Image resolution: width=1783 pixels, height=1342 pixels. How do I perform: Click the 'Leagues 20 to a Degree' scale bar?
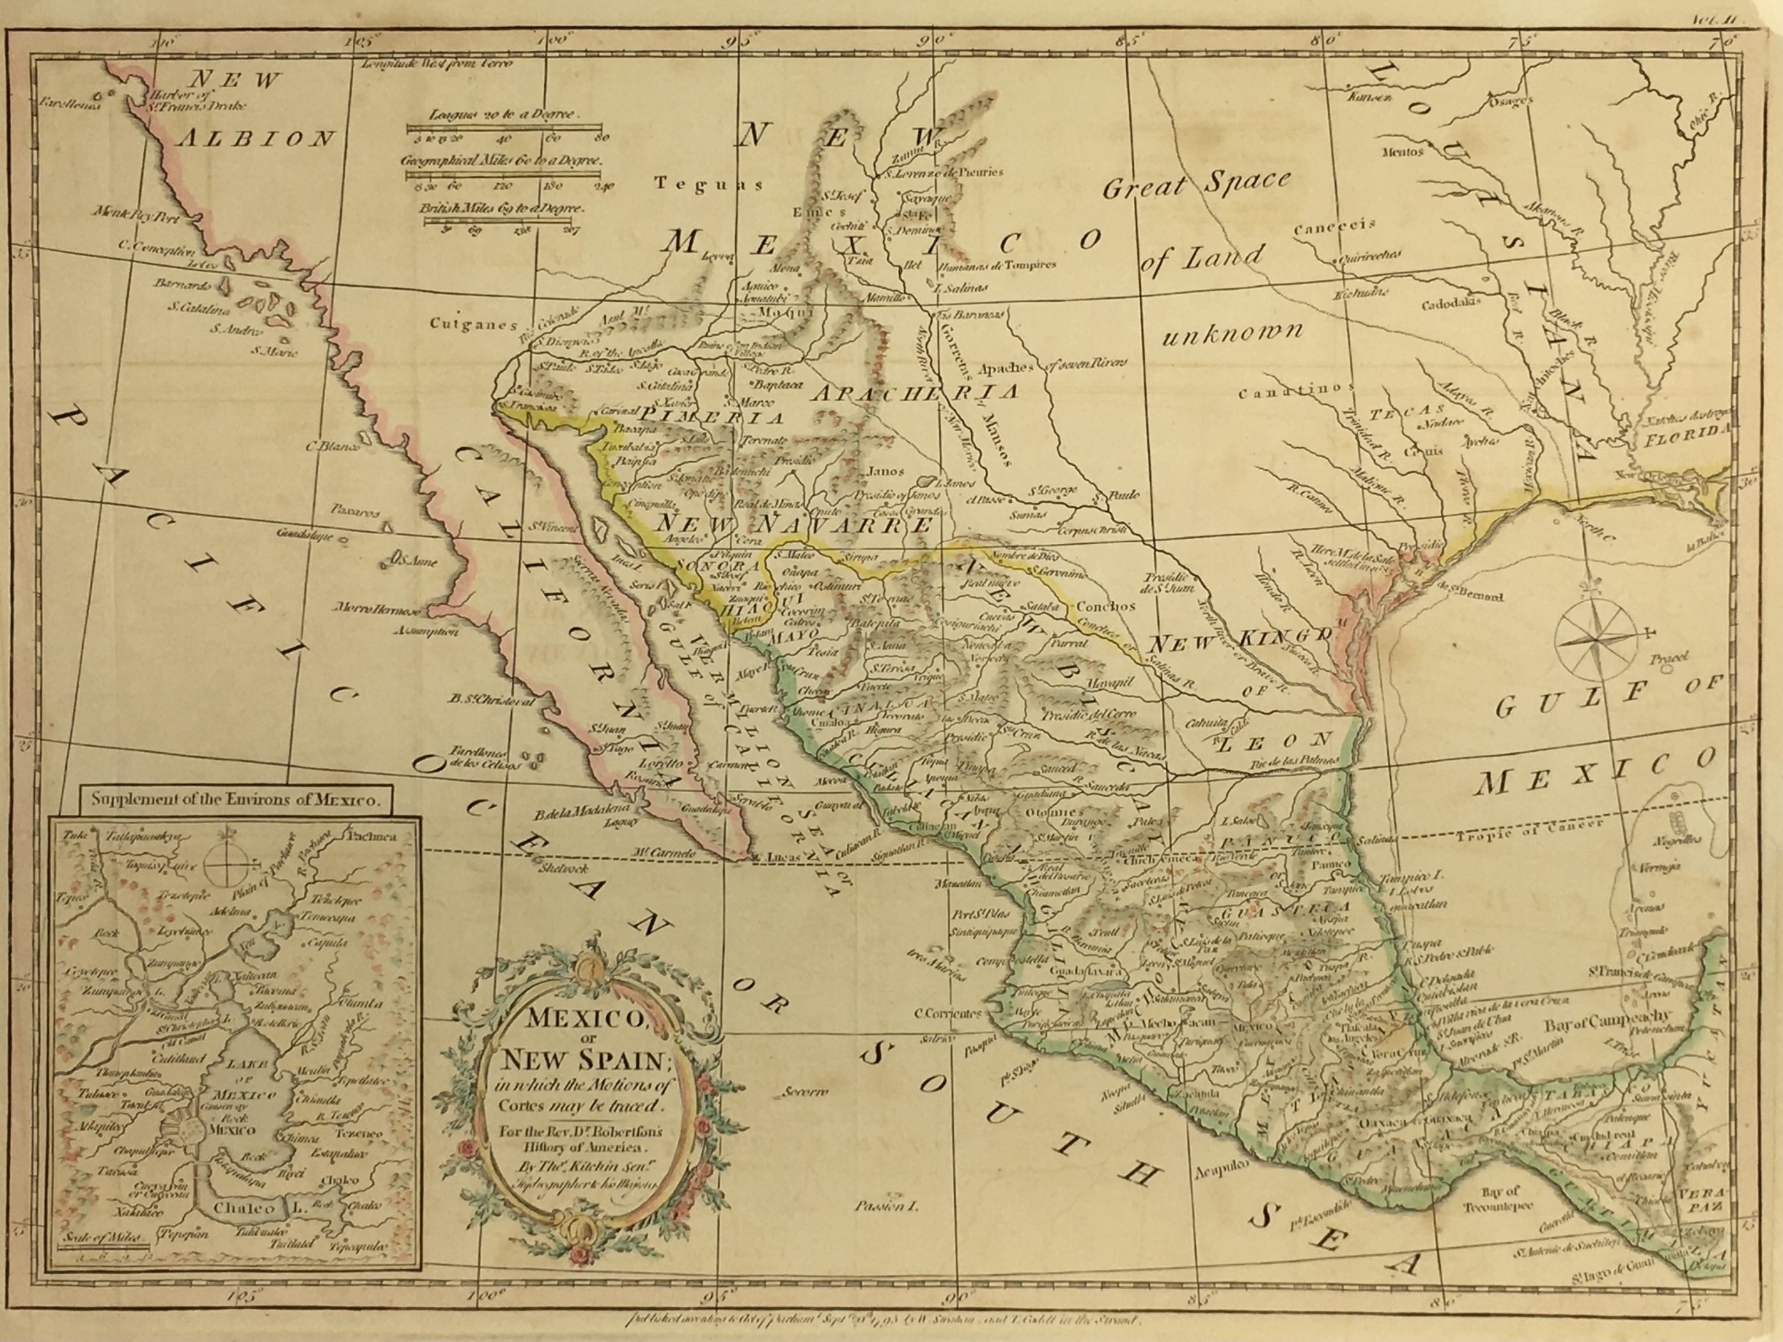click(504, 127)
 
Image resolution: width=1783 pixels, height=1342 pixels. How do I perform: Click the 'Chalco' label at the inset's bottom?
click(248, 1230)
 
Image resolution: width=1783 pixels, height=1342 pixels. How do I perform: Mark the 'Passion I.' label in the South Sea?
click(886, 1229)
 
